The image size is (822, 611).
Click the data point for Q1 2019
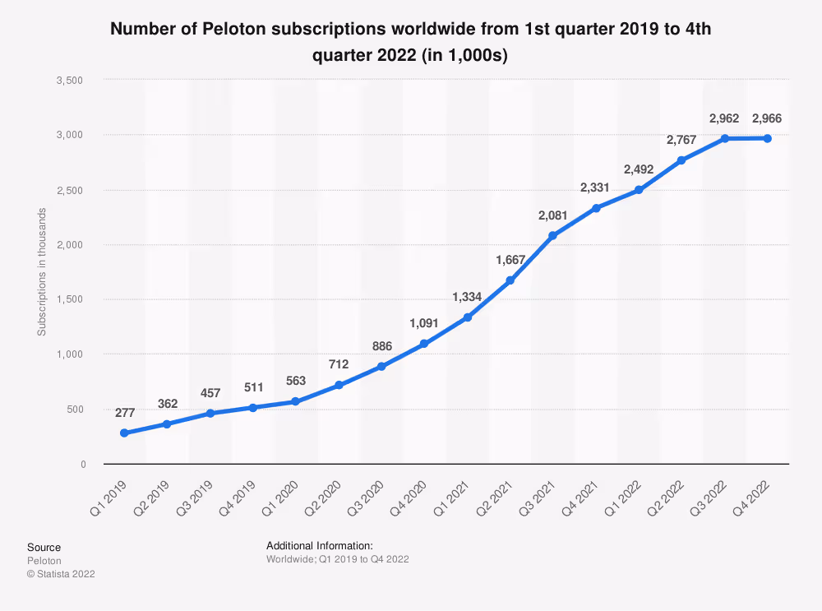[124, 433]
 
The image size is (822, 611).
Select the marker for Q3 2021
[552, 236]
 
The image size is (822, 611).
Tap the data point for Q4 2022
[767, 138]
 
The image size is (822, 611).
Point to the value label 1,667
[510, 261]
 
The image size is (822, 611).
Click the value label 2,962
[723, 119]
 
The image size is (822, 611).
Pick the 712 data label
[339, 364]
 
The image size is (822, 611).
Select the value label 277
[125, 412]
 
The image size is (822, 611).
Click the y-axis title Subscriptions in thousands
[41, 272]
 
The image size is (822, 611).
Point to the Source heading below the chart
[44, 548]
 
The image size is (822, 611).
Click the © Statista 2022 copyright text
[61, 574]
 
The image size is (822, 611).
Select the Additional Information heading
[320, 545]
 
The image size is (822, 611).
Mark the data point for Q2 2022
[681, 160]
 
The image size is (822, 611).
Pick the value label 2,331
[595, 188]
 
